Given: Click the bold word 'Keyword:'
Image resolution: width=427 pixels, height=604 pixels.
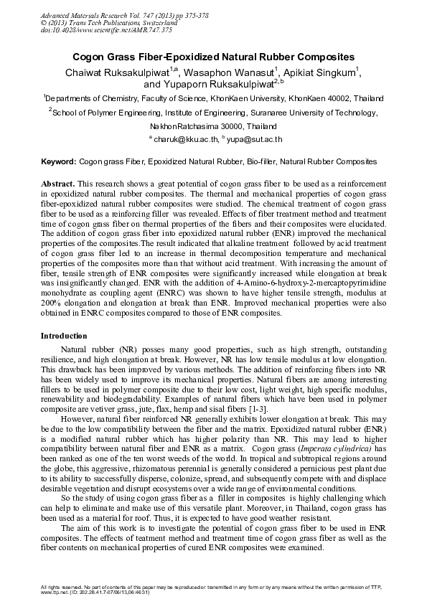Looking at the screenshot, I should point(59,163).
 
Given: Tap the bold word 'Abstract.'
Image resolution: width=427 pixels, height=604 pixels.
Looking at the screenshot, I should point(57,185).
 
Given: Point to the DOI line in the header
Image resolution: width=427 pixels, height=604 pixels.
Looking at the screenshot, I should point(86,30).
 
